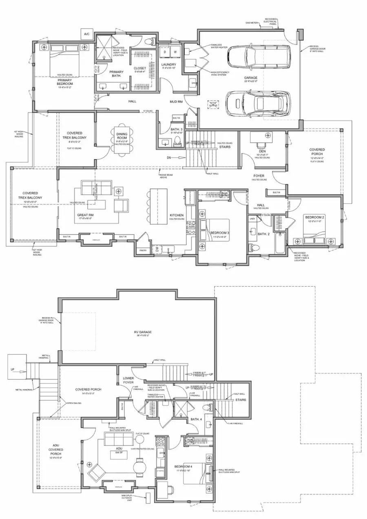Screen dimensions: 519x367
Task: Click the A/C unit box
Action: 86,34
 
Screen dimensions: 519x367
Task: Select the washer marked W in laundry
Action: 175,52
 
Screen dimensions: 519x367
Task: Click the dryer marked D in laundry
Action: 165,52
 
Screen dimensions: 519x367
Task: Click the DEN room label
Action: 262,150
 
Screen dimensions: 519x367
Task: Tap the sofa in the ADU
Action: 119,439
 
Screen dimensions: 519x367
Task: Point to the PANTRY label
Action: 142,250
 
